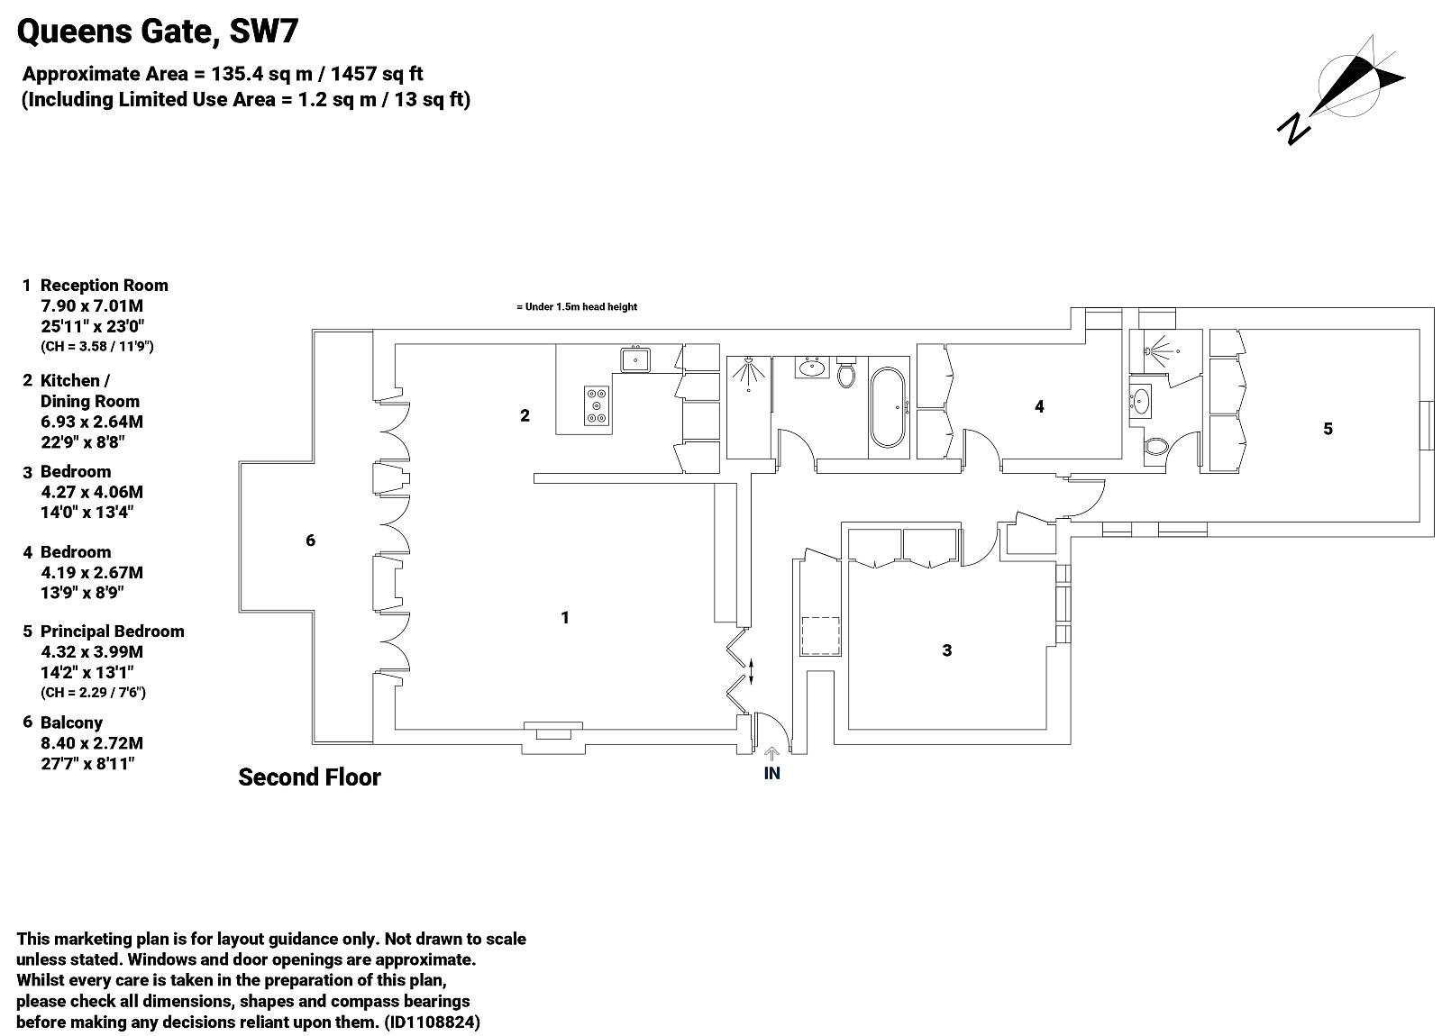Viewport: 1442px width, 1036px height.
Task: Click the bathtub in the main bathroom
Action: click(x=888, y=407)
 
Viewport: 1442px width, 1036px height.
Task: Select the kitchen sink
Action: click(x=635, y=359)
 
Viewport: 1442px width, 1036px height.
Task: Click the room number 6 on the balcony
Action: click(x=310, y=541)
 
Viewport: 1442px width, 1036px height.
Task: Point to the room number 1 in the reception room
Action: click(x=564, y=618)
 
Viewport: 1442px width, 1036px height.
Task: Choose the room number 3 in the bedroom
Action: click(x=946, y=650)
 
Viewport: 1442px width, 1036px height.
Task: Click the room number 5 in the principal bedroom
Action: click(x=1328, y=429)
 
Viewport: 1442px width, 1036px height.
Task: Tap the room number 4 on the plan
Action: click(x=1039, y=406)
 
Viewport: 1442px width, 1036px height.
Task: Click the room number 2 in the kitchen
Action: click(x=525, y=415)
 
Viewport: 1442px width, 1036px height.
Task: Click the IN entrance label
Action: click(x=771, y=774)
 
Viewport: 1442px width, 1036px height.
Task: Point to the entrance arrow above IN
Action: click(x=771, y=754)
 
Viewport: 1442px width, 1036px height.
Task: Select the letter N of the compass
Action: click(x=1294, y=129)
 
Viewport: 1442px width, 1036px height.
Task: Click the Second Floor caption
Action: click(x=310, y=777)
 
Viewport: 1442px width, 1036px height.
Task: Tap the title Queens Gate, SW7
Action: click(x=158, y=31)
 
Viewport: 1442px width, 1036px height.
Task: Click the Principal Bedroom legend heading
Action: click(x=112, y=632)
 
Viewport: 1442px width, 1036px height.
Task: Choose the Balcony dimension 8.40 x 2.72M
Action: click(x=92, y=743)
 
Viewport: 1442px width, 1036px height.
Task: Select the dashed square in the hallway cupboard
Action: click(x=820, y=636)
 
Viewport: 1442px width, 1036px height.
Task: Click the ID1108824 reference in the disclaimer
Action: click(x=432, y=1022)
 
